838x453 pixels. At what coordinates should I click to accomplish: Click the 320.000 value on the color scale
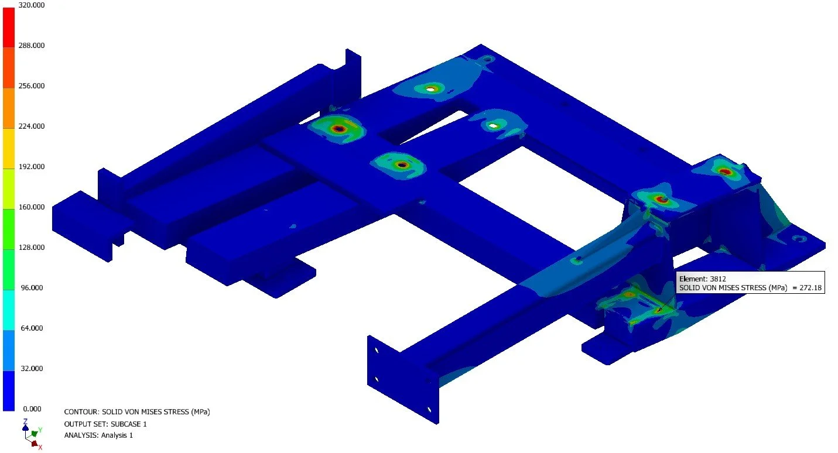coord(32,5)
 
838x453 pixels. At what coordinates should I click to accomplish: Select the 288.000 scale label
coord(32,46)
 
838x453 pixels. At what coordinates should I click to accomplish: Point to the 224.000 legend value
coord(32,126)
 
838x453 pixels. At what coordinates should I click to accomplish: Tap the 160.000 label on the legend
coord(32,207)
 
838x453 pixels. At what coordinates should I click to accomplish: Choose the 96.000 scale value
coord(32,288)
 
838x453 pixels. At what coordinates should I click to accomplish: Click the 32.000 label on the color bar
coord(32,369)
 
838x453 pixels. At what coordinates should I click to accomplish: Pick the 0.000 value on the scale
coord(32,409)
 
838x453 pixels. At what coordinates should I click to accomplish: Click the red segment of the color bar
coord(9,27)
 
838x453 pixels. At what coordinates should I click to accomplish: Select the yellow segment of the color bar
coord(9,149)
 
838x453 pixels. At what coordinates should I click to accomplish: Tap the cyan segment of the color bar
coord(9,310)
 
